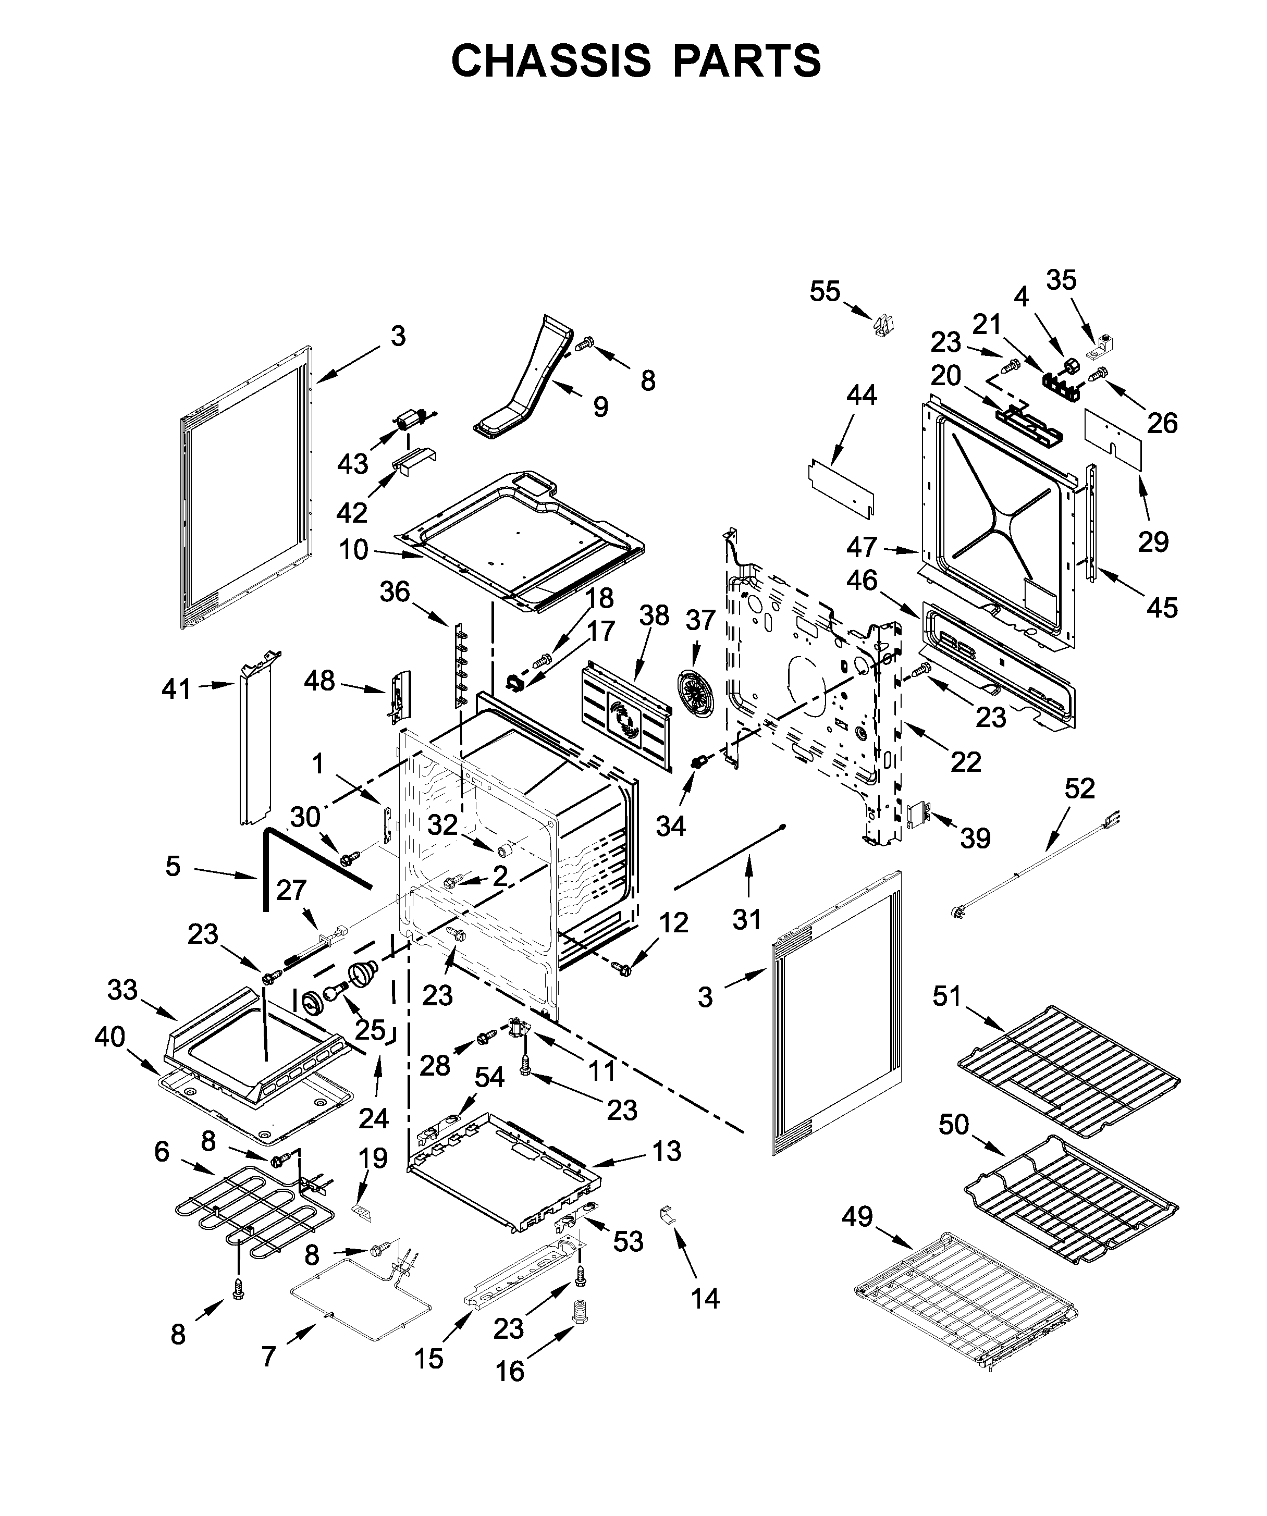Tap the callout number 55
(x=825, y=292)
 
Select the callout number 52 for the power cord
(x=1080, y=788)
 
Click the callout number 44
(x=862, y=395)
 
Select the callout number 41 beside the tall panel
(x=176, y=689)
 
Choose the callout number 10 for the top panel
(x=354, y=550)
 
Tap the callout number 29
(x=1153, y=541)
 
